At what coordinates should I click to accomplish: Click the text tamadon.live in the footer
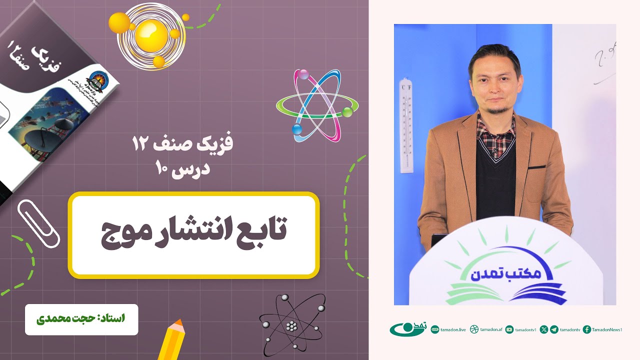point(454,329)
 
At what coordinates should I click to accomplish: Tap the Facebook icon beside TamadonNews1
point(587,329)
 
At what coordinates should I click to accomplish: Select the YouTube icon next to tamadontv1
point(509,329)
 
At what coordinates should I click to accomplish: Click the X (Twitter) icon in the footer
point(544,329)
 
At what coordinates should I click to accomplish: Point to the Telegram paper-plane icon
point(554,329)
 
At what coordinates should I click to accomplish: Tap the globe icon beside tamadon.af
point(474,329)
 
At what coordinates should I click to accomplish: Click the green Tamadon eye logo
point(406,329)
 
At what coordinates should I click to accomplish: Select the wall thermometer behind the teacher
point(406,125)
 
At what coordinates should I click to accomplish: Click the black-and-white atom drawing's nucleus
point(292,325)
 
